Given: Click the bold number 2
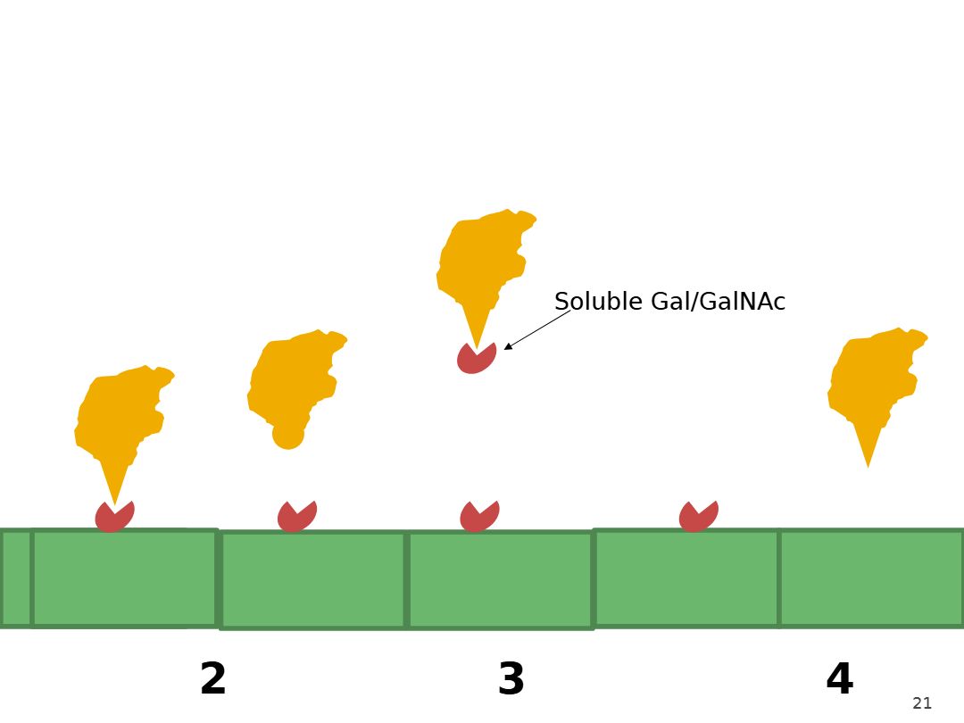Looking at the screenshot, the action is [213, 678].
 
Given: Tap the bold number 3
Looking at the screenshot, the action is [511, 678].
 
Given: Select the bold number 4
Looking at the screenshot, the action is [840, 678].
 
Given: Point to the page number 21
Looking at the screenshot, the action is [922, 703].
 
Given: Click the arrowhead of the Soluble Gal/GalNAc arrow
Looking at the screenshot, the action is [507, 347].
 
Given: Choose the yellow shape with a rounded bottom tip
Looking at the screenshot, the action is [295, 384].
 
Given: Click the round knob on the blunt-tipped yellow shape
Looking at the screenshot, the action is [287, 436].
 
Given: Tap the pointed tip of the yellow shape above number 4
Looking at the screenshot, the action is [868, 468].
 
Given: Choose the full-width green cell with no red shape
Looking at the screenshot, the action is [871, 578].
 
